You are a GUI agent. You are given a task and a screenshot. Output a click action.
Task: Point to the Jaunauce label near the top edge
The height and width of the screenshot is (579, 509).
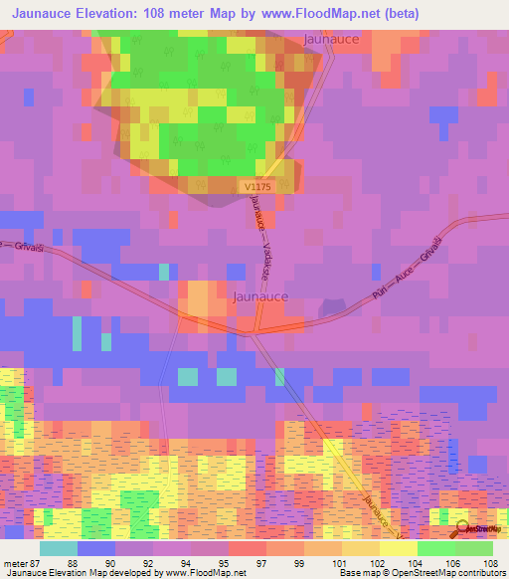point(331,39)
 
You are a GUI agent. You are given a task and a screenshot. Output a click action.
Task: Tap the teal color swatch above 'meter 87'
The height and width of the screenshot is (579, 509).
point(58,548)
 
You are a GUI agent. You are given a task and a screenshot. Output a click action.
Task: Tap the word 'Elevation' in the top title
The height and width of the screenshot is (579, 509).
point(110,13)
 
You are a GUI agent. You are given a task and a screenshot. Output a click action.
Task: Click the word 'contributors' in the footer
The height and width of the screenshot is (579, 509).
point(481,573)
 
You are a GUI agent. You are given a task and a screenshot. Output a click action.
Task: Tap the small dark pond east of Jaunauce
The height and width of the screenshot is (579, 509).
point(328,307)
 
